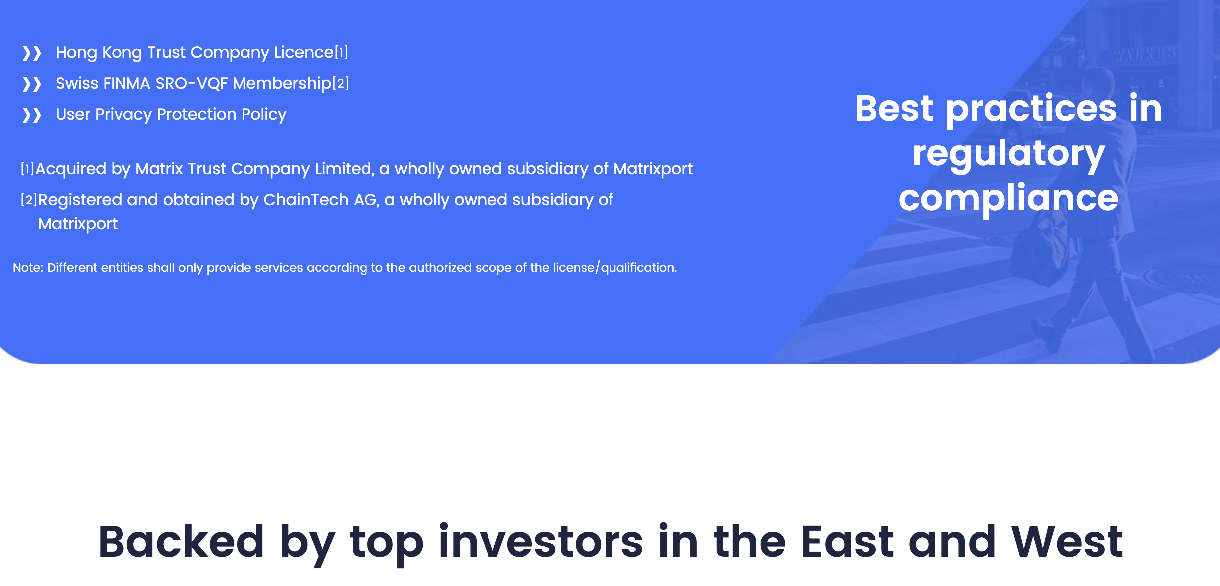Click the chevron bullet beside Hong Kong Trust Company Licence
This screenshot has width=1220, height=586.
[x=32, y=53]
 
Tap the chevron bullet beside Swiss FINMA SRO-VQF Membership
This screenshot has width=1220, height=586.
[x=32, y=84]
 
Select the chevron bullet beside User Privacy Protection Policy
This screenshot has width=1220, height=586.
[x=32, y=115]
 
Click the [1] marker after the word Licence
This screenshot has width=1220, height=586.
[x=341, y=52]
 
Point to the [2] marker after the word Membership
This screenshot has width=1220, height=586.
[x=341, y=83]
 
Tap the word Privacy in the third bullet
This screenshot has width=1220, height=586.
[x=123, y=115]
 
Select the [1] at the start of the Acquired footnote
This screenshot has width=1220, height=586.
[x=27, y=168]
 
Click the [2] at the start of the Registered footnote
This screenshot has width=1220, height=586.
[x=29, y=199]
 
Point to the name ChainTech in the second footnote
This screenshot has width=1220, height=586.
[x=306, y=199]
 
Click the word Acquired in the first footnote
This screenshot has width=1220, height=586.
[x=71, y=169]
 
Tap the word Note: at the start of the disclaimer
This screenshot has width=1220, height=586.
[x=28, y=268]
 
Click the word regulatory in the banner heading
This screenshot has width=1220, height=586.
[x=1009, y=154]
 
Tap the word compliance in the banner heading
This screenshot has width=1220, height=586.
[x=1009, y=198]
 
